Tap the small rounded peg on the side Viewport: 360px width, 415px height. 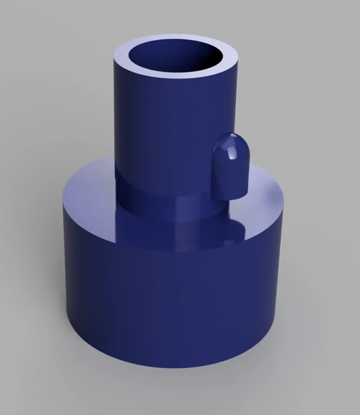point(229,165)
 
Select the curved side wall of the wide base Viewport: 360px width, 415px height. point(168,301)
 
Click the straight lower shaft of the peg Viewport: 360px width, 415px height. point(229,179)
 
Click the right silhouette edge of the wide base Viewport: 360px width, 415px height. point(284,280)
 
